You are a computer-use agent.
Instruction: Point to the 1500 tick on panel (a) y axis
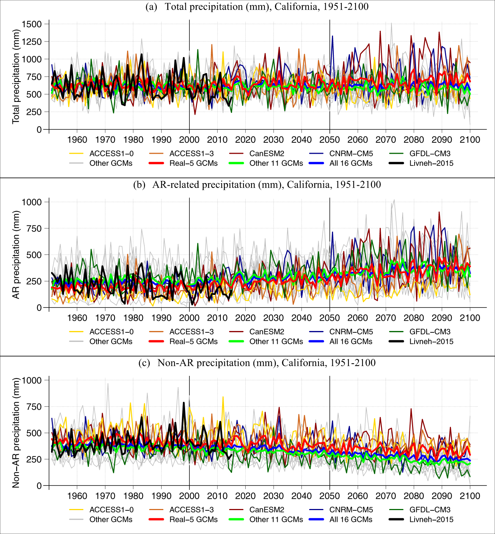click(x=32, y=24)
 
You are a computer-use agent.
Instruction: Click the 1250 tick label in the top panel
click(x=32, y=42)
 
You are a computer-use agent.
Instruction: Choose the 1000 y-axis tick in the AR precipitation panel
click(x=32, y=202)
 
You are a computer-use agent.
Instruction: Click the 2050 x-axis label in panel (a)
click(x=329, y=140)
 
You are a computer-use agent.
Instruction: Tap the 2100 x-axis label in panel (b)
click(x=470, y=318)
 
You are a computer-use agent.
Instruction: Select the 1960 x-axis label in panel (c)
click(x=77, y=496)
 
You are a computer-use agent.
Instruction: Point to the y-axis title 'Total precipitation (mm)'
click(x=16, y=76)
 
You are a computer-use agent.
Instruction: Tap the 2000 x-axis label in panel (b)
click(x=189, y=318)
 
